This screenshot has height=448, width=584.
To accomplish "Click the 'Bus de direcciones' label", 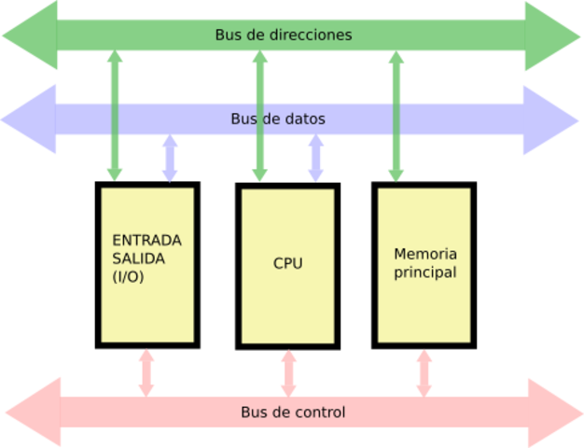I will coord(284,35).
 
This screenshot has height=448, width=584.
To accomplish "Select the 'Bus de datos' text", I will coord(278,119).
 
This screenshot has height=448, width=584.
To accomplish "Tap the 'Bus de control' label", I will coord(293,412).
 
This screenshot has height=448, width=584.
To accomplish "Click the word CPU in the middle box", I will coord(287,263).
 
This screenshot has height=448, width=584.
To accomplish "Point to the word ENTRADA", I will coord(146,240).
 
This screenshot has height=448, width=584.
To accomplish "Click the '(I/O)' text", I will coord(129,277).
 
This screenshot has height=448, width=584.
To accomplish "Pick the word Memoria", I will coord(425,254).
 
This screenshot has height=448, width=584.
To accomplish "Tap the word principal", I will coord(425,273).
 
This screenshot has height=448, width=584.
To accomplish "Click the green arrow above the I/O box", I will coord(115,116).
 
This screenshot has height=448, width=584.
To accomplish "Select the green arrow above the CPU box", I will coord(260,116).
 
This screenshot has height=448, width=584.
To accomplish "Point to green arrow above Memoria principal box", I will coord(396,116).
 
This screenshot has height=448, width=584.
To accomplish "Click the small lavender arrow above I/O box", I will coord(170,158).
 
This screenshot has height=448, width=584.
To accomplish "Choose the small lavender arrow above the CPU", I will coord(316,158).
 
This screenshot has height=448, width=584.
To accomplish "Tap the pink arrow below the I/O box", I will coord(146,371).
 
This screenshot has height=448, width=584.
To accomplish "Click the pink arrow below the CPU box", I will coord(288,371).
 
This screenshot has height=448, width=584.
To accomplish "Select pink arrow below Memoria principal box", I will coord(424,371).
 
